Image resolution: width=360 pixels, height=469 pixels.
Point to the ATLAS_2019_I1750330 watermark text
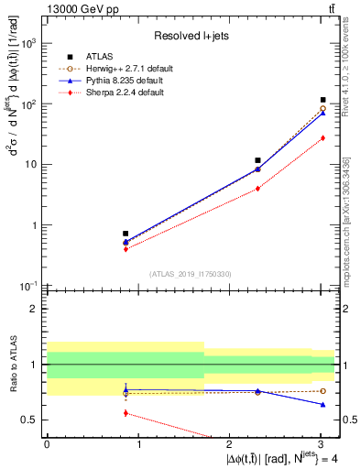191,274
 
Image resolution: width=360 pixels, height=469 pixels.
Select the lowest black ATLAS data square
125,234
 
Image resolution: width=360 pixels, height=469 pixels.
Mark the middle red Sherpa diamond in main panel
257,188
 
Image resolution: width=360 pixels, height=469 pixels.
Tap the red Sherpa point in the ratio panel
125,413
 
